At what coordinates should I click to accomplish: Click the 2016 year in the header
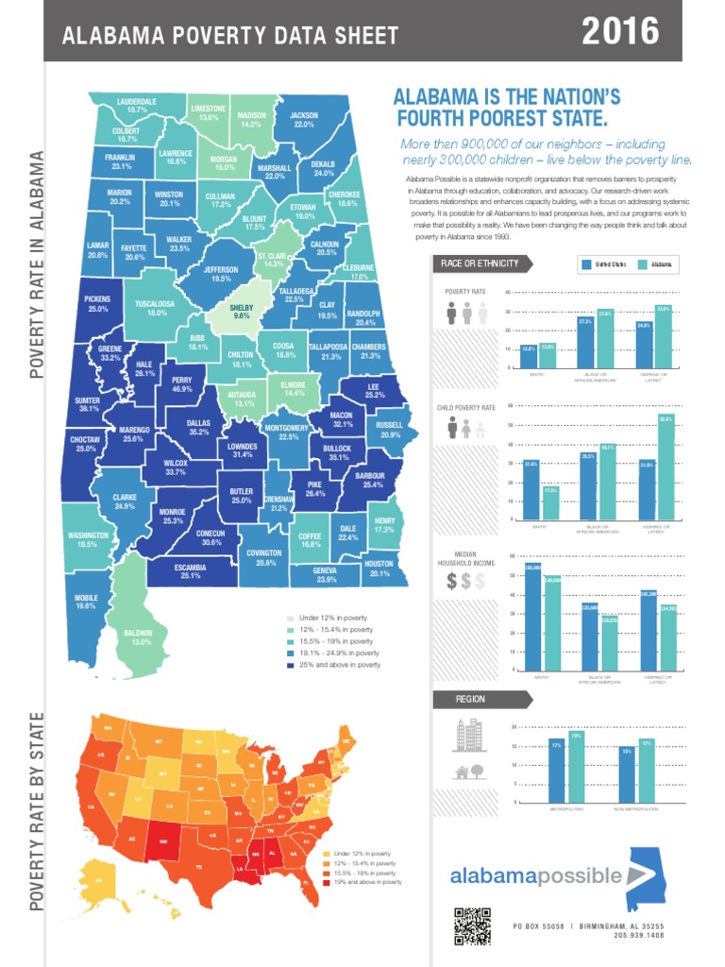pos(619,32)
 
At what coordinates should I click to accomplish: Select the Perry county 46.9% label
pos(182,384)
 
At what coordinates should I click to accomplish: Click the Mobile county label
pos(86,602)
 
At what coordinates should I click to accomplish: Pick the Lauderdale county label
pos(137,105)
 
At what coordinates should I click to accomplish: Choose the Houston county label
pos(379,568)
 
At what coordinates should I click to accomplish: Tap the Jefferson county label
pos(221,274)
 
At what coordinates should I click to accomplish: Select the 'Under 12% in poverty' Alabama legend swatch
pos(290,618)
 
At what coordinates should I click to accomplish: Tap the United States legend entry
pos(603,265)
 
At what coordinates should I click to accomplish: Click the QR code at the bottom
pos(472,925)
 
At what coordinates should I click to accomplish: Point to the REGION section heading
pos(470,700)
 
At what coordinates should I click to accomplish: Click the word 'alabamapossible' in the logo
pos(535,875)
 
